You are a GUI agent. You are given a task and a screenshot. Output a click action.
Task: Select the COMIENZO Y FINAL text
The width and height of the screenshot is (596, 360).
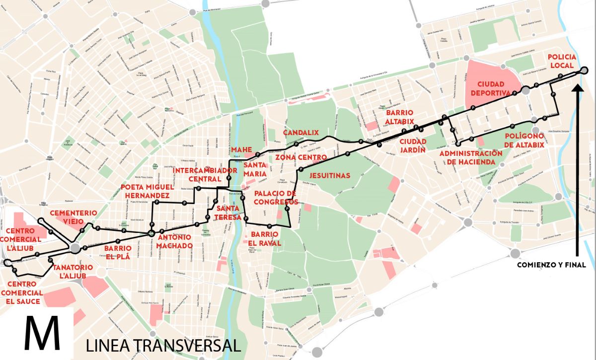(x=551, y=265)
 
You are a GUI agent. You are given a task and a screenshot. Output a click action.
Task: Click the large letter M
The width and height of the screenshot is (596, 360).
(x=43, y=334)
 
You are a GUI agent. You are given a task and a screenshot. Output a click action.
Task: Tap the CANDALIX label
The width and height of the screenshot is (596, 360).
(x=300, y=133)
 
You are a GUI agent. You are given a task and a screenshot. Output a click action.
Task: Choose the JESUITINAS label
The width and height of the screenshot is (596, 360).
(x=330, y=175)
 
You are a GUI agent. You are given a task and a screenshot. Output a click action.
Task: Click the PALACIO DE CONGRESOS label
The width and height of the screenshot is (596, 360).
(x=275, y=198)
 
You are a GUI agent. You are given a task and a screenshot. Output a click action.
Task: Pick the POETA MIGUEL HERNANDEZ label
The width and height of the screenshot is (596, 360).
(x=148, y=191)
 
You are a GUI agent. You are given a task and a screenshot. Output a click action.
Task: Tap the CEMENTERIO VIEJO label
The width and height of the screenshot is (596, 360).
(x=74, y=217)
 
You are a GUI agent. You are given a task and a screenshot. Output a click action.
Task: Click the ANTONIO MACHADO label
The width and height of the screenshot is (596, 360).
(x=174, y=241)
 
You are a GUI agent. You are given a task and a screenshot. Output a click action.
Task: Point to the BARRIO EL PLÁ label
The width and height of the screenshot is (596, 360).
(x=118, y=253)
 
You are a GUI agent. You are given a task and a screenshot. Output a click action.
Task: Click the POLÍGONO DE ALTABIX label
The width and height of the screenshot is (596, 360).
(x=524, y=141)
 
